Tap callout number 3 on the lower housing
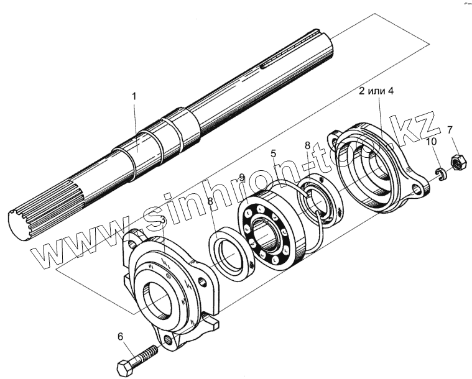[163, 221]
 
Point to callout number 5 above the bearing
[272, 153]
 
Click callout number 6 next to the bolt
[121, 337]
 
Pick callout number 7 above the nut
[450, 130]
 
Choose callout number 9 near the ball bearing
[242, 177]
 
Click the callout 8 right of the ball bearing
[307, 145]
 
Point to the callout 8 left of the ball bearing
[210, 201]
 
